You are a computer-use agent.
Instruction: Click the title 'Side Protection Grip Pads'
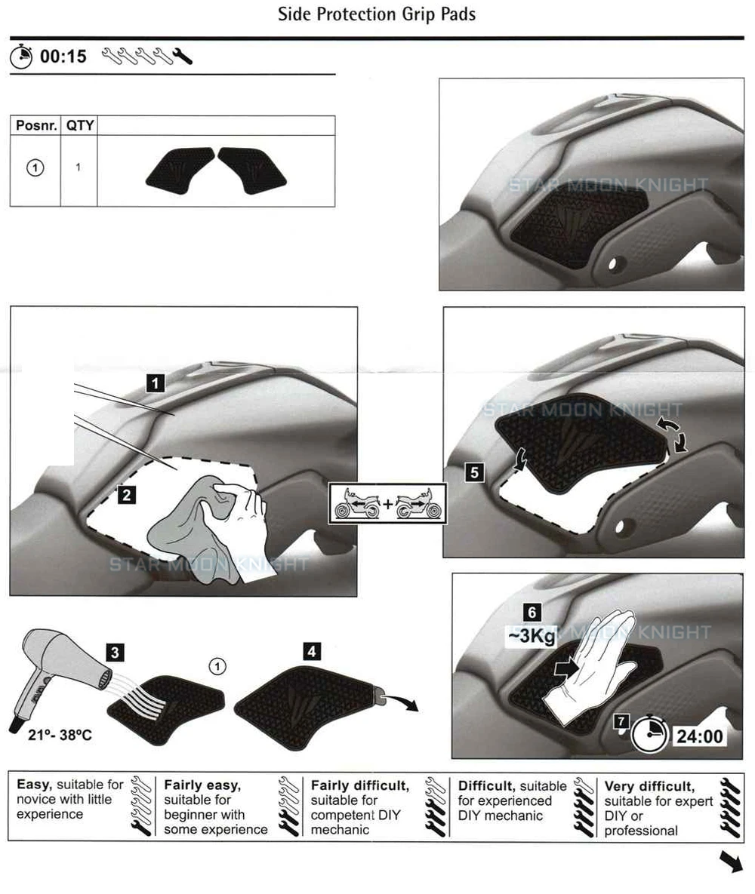377,14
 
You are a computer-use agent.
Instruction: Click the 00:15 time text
63,57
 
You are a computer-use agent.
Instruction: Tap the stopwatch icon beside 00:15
21,56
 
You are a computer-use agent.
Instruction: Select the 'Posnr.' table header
36,125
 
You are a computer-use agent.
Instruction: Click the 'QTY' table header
80,125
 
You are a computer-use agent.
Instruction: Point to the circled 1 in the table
35,167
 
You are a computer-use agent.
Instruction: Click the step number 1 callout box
156,382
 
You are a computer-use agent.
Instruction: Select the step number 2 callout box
127,494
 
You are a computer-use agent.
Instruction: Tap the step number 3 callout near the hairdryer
116,653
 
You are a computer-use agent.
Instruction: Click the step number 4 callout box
312,651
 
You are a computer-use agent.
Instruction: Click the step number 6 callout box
532,613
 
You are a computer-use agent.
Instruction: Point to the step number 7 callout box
621,722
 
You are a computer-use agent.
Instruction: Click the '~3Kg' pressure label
532,636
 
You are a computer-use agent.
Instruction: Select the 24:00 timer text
700,736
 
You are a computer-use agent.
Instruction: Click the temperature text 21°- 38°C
60,736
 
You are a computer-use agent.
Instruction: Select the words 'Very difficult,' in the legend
649,787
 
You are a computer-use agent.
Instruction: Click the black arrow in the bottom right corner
731,861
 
